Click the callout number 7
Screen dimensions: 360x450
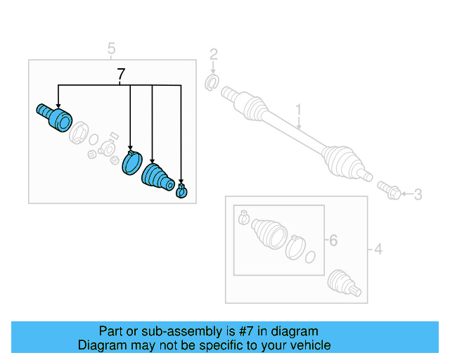(121, 73)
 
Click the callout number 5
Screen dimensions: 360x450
(111, 49)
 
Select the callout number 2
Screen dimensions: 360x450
(214, 54)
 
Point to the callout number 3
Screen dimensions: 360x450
(417, 194)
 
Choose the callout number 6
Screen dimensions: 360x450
(333, 240)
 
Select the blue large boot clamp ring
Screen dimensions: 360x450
(131, 162)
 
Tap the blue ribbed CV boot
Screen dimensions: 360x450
(157, 177)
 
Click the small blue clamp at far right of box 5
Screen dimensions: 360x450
(182, 191)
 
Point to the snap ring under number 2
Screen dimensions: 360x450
(210, 84)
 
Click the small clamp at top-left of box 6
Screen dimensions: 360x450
(243, 217)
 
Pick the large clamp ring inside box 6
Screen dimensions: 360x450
(296, 248)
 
